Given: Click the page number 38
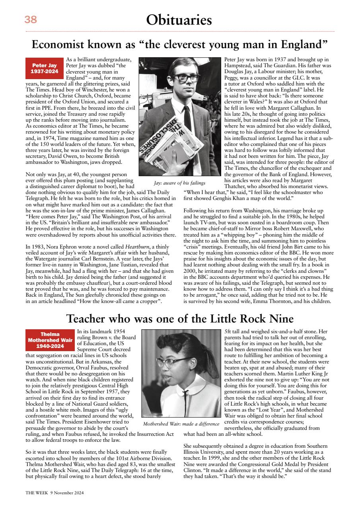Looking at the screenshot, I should (x=31, y=19).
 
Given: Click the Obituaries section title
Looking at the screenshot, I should (x=179, y=19).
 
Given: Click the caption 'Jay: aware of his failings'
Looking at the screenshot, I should (x=179, y=183).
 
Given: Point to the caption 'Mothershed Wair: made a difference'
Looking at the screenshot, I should (x=181, y=424).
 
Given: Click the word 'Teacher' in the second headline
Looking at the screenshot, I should (x=88, y=319).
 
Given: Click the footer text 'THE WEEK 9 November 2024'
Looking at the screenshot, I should (x=55, y=492).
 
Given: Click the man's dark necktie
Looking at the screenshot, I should (x=187, y=119).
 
